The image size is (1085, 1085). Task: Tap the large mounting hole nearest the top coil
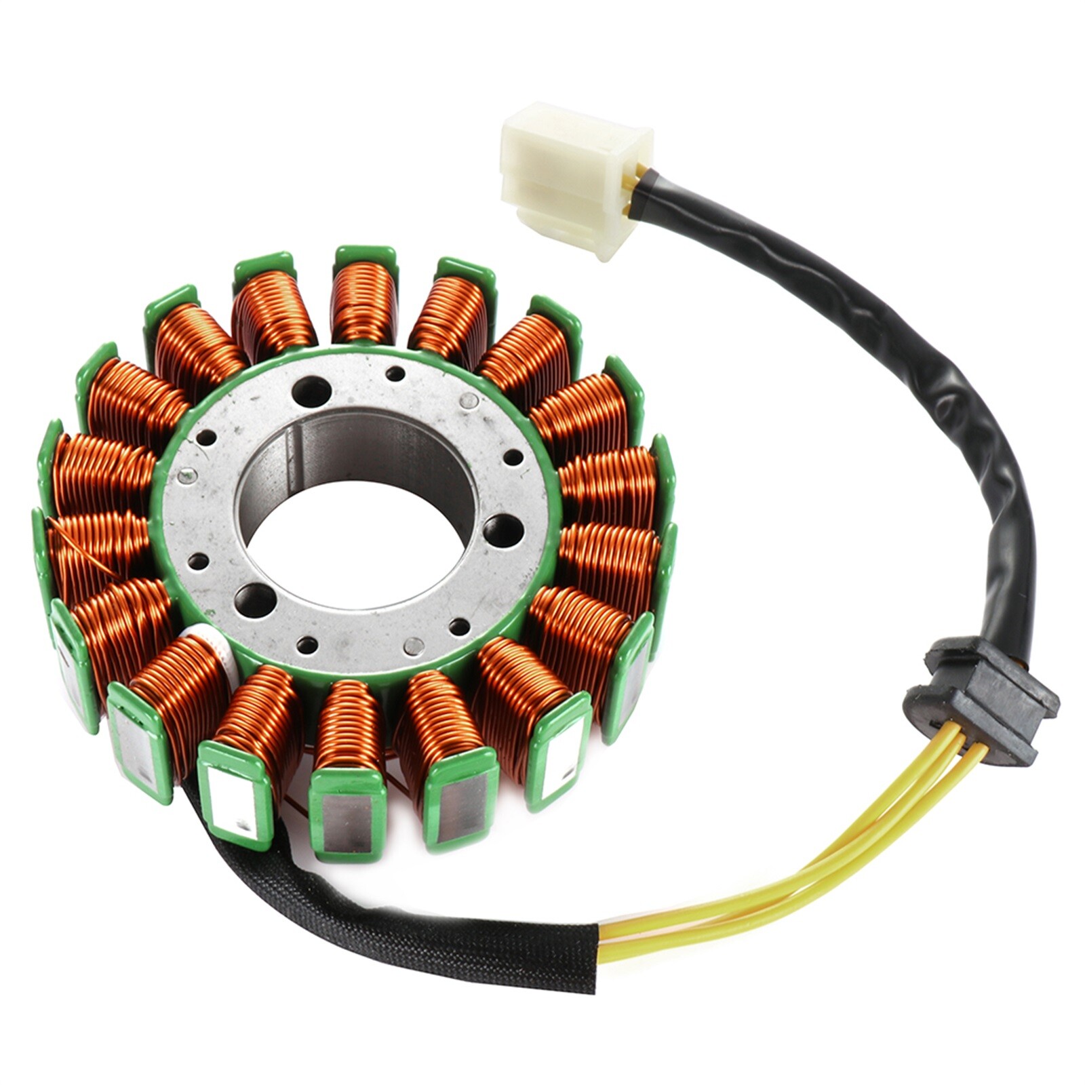point(311,392)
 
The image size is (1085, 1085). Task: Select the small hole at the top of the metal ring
point(395,373)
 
